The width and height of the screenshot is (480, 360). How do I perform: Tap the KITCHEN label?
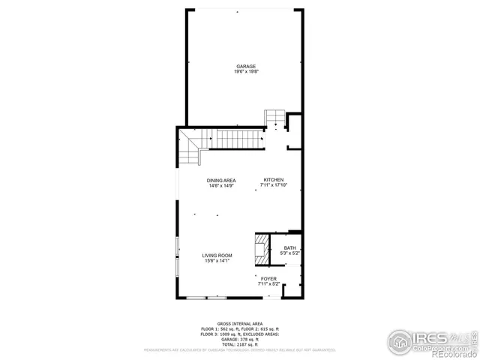tap(273, 180)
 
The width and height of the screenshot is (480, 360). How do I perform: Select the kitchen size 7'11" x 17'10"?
tap(273, 185)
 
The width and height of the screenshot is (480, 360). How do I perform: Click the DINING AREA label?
tap(222, 181)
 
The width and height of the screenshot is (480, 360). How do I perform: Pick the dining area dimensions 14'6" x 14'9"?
tap(222, 186)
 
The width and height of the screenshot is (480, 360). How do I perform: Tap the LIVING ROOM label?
tap(217, 256)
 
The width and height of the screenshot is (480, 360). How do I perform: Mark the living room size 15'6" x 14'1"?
tap(217, 261)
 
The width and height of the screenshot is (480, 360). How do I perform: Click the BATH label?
tap(289, 247)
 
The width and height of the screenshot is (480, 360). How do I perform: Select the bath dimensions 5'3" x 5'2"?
tap(289, 253)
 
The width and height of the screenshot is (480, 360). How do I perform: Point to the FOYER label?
tap(268, 278)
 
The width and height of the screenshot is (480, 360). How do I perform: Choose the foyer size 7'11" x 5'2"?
tap(268, 283)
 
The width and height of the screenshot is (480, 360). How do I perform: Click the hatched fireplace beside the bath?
tap(261, 247)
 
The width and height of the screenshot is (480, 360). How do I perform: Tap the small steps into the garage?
tap(274, 118)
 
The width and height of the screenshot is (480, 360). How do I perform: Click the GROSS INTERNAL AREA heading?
tap(240, 324)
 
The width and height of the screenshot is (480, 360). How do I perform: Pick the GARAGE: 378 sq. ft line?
tap(240, 337)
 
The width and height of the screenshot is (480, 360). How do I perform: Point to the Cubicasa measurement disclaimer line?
tap(240, 349)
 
